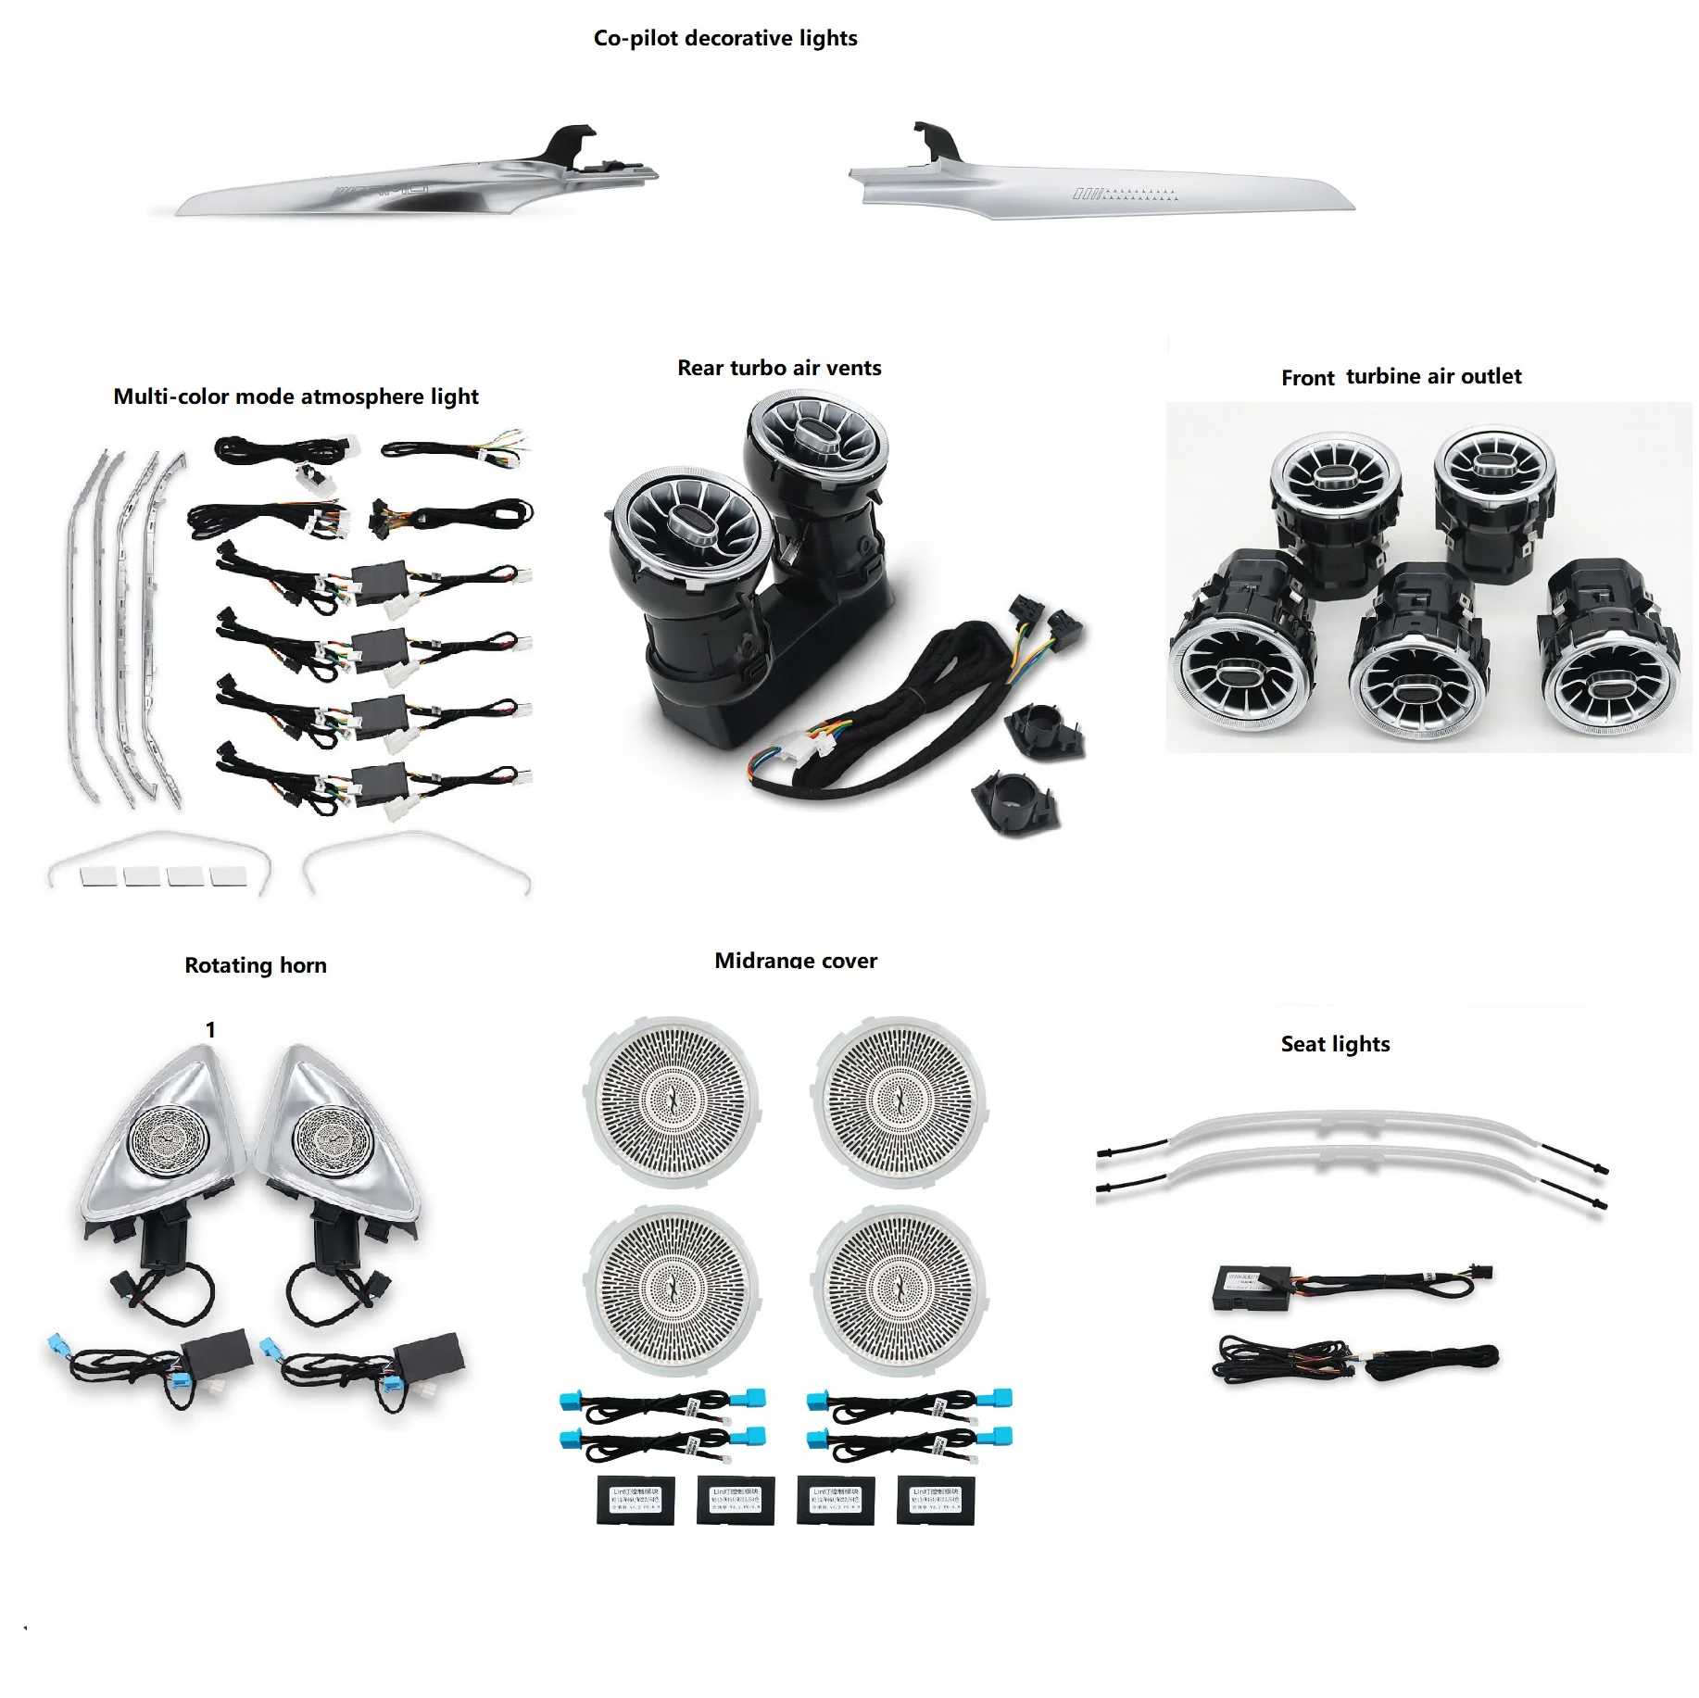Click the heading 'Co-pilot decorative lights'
(725, 38)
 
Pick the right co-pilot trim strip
(1102, 189)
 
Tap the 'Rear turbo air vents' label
(779, 368)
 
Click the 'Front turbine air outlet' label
(1401, 376)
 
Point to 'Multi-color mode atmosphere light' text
(296, 396)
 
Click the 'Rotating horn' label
(256, 965)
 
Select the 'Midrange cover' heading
(796, 961)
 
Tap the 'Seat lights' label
(1335, 1044)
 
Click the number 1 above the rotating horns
(210, 1030)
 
